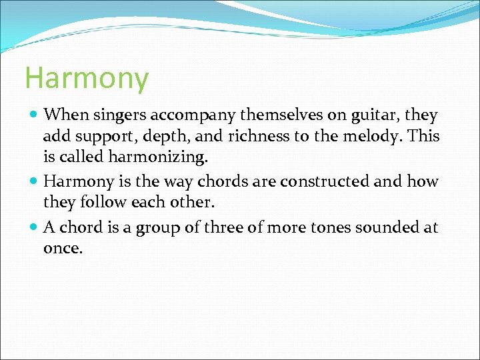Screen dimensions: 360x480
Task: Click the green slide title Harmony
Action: pyautogui.click(x=86, y=79)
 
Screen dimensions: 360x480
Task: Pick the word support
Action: pyautogui.click(x=99, y=137)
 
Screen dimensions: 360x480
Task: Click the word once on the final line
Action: pyautogui.click(x=63, y=249)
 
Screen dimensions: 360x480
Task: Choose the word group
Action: pyautogui.click(x=157, y=229)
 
